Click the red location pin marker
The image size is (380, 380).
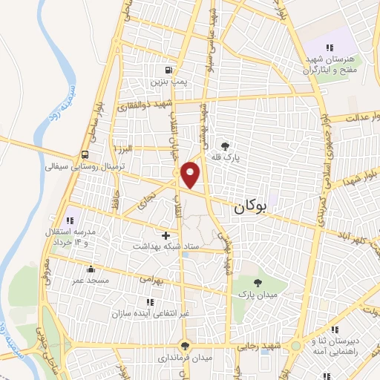[191, 174]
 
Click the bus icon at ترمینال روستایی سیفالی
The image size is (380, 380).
[87, 155]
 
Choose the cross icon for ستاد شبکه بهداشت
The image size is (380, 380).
[165, 235]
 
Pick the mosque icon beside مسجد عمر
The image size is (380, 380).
[91, 270]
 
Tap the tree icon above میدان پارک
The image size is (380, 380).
[257, 283]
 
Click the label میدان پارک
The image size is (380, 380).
[257, 295]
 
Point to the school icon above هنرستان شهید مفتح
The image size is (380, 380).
[329, 48]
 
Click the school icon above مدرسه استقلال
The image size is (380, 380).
[72, 220]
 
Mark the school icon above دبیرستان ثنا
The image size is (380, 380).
[335, 330]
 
